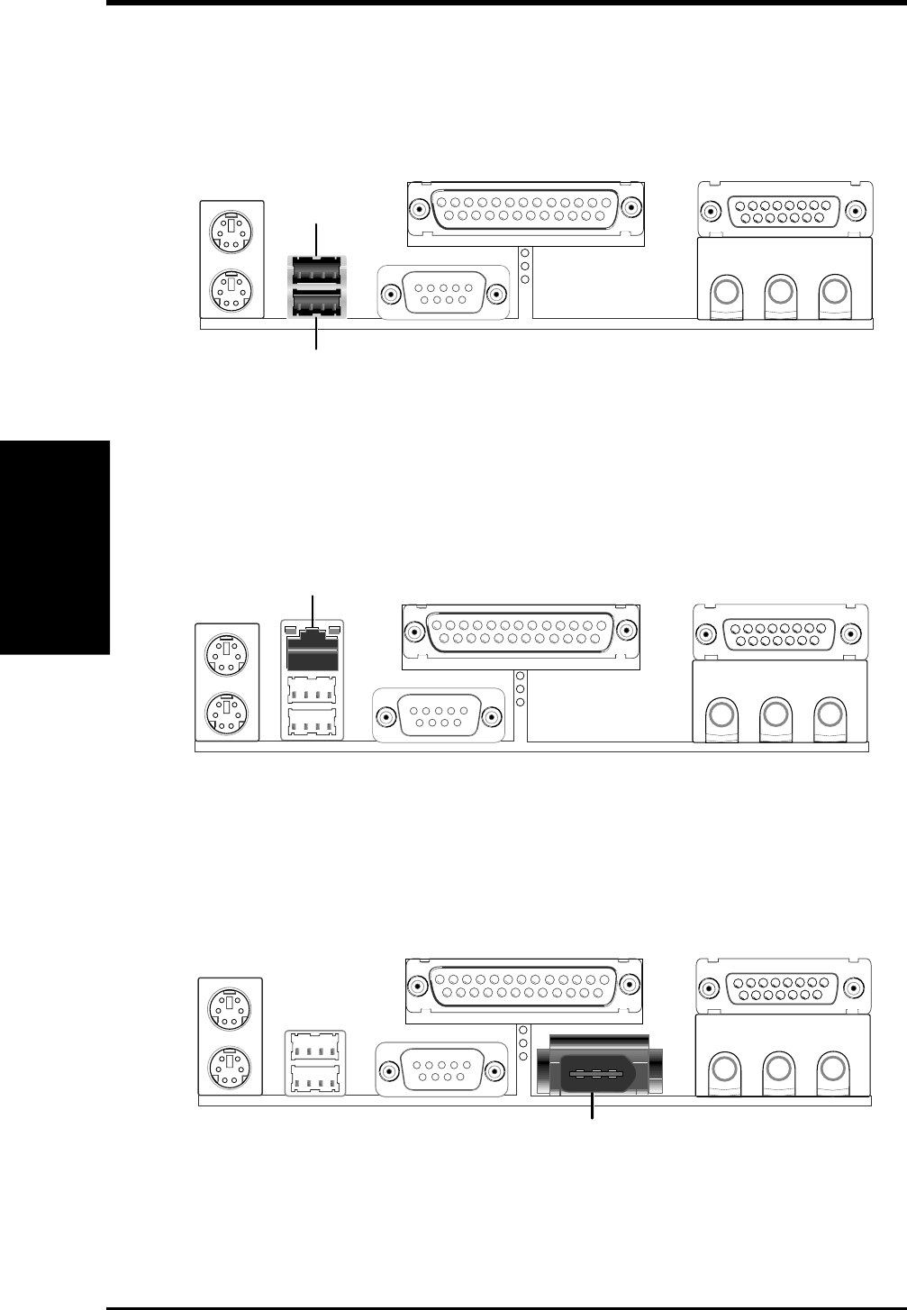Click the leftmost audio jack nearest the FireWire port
(723, 1069)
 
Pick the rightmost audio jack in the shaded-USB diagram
(835, 292)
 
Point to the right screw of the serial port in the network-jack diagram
(491, 717)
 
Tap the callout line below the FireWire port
(592, 1107)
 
